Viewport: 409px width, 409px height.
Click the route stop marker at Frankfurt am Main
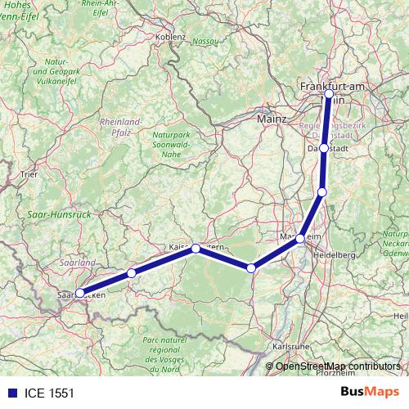329,94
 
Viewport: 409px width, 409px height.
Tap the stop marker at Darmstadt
324,148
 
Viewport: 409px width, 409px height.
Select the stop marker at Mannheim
300,238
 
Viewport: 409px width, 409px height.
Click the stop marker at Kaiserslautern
196,247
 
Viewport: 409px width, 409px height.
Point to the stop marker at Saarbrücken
79,293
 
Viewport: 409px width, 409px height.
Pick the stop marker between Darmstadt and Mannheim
322,191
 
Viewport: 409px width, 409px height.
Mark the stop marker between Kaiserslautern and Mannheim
251,267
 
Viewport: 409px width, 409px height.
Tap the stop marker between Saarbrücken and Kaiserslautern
131,272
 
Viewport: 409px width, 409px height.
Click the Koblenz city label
171,37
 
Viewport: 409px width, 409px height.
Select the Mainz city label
272,119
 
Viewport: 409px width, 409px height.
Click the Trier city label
29,174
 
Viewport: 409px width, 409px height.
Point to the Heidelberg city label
333,255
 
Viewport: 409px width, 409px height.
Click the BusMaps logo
369,393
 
